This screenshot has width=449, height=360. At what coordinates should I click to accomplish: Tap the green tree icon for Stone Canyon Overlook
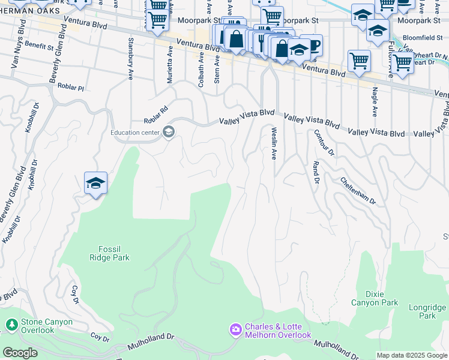pyautogui.click(x=11, y=325)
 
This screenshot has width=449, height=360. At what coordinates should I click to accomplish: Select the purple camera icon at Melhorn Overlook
pyautogui.click(x=235, y=329)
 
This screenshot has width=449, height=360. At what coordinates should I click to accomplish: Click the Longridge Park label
pyautogui.click(x=427, y=311)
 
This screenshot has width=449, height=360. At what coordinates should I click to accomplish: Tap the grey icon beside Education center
pyautogui.click(x=169, y=132)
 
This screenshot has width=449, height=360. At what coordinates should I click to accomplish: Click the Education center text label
pyautogui.click(x=134, y=133)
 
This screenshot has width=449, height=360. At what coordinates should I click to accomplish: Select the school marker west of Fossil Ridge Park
pyautogui.click(x=95, y=183)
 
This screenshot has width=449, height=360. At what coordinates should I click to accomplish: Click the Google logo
pyautogui.click(x=20, y=353)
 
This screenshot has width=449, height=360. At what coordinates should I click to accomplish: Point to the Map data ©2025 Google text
pyautogui.click(x=412, y=355)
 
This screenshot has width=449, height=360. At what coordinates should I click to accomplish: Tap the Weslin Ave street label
pyautogui.click(x=274, y=143)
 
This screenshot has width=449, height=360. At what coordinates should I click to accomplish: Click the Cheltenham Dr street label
pyautogui.click(x=357, y=190)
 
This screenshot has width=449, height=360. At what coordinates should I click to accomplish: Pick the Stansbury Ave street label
pyautogui.click(x=130, y=59)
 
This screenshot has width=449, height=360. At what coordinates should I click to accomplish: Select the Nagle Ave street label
pyautogui.click(x=375, y=102)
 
